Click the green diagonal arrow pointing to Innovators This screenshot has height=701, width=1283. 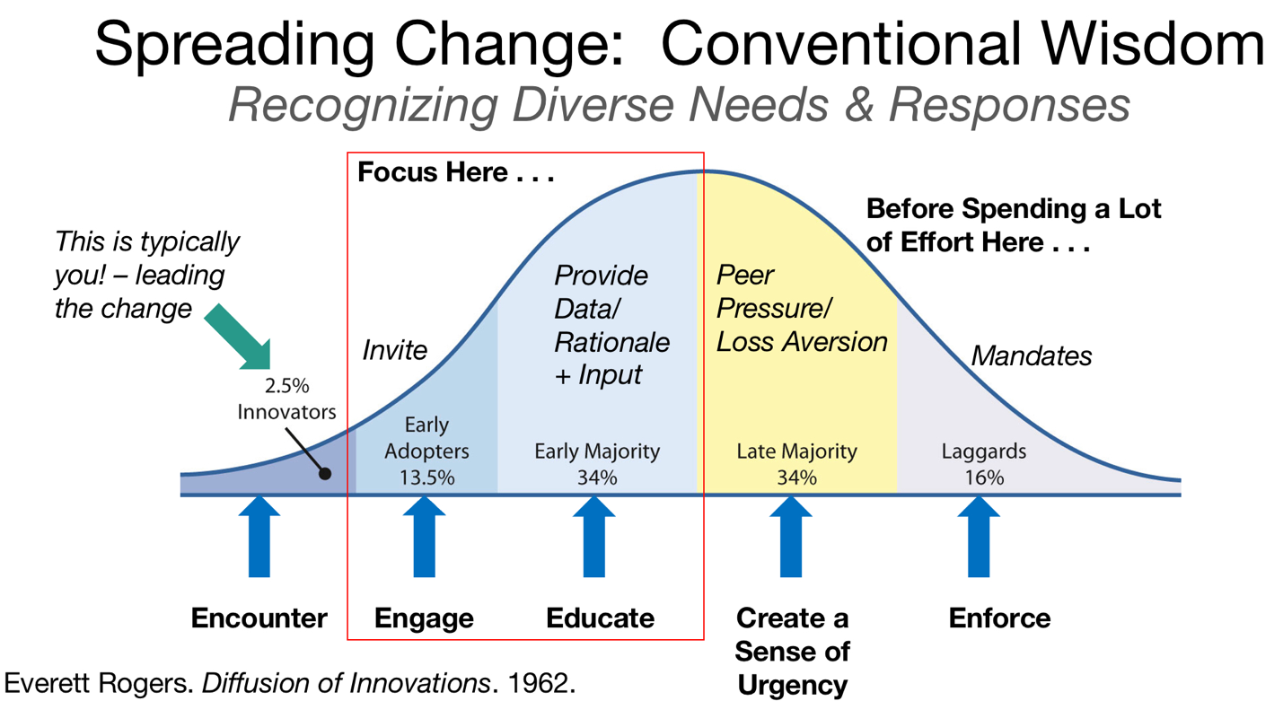point(239,337)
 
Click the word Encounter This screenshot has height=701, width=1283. point(259,618)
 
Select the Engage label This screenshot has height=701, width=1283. point(424,618)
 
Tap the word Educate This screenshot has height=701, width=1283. point(600,618)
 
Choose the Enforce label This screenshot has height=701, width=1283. point(999,618)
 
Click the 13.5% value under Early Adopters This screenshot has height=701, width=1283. point(426,478)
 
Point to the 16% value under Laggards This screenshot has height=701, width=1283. point(984,478)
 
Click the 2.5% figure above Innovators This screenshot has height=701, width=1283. point(286,387)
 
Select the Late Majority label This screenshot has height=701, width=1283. point(796,451)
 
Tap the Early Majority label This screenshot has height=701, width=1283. point(597,451)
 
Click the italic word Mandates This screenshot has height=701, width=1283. point(1032,356)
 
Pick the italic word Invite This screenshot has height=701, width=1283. point(395,349)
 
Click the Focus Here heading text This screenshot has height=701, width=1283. point(455,172)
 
